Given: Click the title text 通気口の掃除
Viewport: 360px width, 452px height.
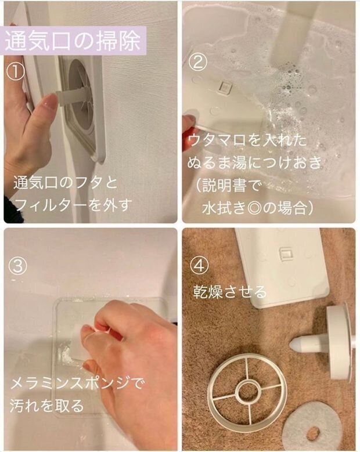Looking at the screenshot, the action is tap(73, 41).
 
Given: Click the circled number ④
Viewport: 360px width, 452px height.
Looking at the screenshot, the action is tap(200, 266).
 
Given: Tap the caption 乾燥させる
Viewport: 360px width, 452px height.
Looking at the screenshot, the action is tap(230, 291).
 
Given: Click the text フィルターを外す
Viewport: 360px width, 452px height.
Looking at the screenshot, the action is tap(73, 204).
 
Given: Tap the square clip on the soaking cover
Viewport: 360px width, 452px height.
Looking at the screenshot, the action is tap(225, 86).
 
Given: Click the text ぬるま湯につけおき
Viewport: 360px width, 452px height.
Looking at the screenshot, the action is tap(254, 162).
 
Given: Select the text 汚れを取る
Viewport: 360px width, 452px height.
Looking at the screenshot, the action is tap(46, 406).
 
